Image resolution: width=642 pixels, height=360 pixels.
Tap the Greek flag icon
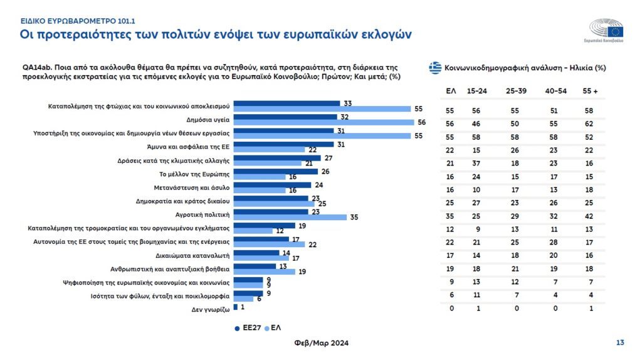(x=435, y=68)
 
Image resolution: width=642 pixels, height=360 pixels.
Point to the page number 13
(x=620, y=342)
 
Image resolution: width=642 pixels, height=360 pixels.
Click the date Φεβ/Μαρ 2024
(x=321, y=343)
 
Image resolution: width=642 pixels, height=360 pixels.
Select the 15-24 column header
(x=477, y=91)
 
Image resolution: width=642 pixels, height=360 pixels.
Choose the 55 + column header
(x=590, y=91)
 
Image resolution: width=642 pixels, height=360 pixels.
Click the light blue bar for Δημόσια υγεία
(x=324, y=122)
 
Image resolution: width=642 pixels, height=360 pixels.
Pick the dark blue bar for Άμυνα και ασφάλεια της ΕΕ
(x=283, y=144)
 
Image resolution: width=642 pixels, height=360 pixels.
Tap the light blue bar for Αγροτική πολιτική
(x=290, y=217)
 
